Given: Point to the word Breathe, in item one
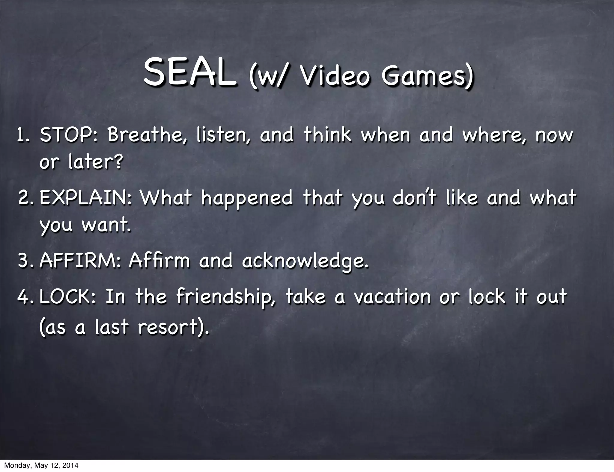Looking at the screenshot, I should [148, 135].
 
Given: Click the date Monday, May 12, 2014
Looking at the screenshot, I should [41, 466].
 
